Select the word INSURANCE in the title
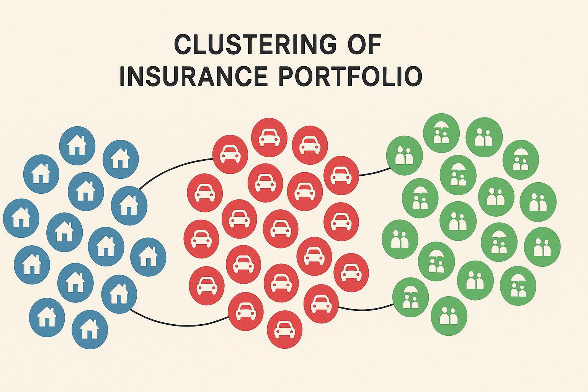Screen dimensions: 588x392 193,76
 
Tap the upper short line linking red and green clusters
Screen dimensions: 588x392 375,172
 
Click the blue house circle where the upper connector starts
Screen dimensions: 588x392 129,206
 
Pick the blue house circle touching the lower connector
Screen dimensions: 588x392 119,294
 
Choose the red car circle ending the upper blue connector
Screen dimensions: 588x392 230,154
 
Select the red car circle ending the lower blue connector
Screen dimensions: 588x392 245,311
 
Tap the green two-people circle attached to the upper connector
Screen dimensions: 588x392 404,155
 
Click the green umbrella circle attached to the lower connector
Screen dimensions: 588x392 410,297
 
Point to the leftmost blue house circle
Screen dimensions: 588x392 21,218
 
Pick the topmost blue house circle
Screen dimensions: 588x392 77,146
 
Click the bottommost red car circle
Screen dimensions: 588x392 284,330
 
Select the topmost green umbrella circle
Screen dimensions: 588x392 441,133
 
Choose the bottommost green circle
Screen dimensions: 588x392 449,316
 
